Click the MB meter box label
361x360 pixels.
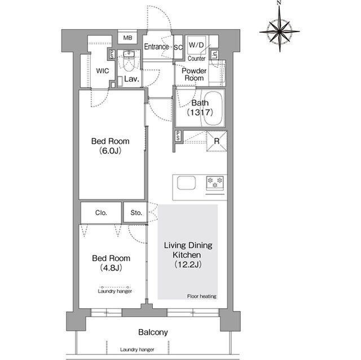tap(127, 38)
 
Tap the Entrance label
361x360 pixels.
tap(156, 47)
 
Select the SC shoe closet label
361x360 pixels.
tap(178, 47)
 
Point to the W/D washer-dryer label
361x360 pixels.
tap(196, 45)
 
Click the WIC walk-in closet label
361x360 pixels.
tap(103, 71)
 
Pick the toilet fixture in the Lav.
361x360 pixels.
tap(129, 61)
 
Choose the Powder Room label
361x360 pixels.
tap(194, 74)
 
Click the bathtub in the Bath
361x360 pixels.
tap(213, 109)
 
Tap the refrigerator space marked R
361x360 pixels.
tap(217, 141)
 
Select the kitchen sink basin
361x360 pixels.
tap(186, 183)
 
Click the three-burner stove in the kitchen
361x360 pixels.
tap(215, 183)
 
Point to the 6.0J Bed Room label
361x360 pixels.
tap(111, 146)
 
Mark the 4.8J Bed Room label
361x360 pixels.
tap(111, 263)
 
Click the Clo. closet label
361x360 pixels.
tap(101, 212)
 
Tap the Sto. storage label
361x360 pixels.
tap(136, 212)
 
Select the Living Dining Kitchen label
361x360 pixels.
tap(188, 255)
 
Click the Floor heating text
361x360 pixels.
tap(202, 296)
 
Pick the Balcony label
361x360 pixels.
tap(153, 332)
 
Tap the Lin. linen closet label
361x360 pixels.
tap(214, 55)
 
